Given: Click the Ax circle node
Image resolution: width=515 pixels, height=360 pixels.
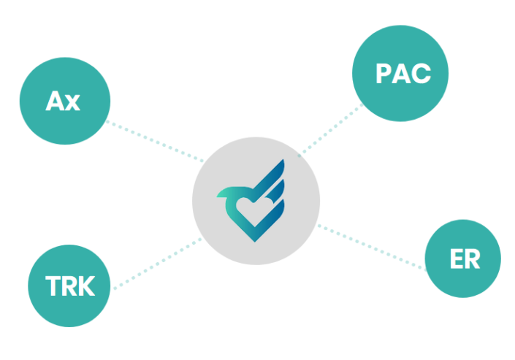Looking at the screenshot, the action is click(x=65, y=101).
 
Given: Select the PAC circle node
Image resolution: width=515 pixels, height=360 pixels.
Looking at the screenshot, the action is click(x=400, y=73).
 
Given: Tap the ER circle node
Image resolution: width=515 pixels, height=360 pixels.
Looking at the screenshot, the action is click(x=462, y=258).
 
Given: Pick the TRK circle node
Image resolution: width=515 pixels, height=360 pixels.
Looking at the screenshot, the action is click(x=69, y=286).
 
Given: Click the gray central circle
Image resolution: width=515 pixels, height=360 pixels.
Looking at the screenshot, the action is click(x=256, y=201).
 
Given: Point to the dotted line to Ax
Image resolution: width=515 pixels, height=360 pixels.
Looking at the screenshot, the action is click(x=155, y=142).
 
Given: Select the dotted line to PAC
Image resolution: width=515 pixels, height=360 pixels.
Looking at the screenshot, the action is click(x=331, y=129).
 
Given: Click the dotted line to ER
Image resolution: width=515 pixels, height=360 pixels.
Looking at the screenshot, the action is click(x=372, y=248).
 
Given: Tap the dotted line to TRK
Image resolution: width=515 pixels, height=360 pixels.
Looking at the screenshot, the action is click(x=158, y=264).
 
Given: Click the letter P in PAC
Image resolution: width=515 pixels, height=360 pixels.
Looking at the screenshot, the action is click(x=383, y=73).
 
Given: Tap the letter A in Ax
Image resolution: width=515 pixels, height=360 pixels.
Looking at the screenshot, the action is click(x=55, y=101).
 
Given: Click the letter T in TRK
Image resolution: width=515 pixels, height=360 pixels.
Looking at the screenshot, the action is click(x=53, y=286).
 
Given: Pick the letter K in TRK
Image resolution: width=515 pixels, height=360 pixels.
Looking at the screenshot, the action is click(x=86, y=286).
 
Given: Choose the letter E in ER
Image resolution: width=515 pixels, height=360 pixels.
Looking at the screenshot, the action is click(x=457, y=258).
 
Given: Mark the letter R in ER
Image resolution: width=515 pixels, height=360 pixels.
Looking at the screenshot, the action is click(x=473, y=258).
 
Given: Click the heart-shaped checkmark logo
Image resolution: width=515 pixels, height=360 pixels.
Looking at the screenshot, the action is click(x=251, y=201).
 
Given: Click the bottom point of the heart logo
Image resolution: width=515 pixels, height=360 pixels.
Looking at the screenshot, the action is click(x=255, y=242).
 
